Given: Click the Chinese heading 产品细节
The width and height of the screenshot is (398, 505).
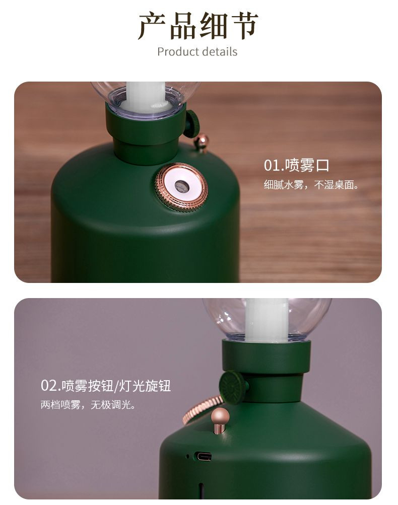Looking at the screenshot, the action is [198, 26].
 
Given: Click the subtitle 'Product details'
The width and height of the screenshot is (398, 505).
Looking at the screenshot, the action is [197, 51].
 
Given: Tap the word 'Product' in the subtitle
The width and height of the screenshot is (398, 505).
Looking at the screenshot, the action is [178, 51].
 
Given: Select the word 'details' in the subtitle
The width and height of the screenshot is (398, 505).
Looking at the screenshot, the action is [220, 51].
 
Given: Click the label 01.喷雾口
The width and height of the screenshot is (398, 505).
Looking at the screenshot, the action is [297, 165].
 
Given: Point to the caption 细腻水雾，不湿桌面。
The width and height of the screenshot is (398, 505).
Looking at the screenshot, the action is [311, 185].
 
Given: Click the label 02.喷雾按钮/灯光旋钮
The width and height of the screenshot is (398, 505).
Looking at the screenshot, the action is [106, 386].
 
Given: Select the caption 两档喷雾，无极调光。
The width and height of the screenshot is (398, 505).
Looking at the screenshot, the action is [88, 404].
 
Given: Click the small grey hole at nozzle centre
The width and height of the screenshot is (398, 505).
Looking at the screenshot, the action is [180, 185].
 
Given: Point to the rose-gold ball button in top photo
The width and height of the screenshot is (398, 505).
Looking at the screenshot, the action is [202, 143].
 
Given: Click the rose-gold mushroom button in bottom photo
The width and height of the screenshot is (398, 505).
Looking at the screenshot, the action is [220, 419].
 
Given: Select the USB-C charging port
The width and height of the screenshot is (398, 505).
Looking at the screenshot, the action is [203, 456].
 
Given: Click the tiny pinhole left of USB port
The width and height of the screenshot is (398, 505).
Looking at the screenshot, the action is [187, 456].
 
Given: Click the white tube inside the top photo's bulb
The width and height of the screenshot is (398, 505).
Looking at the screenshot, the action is [146, 97].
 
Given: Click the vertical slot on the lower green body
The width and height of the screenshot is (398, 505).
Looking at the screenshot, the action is [201, 490].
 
